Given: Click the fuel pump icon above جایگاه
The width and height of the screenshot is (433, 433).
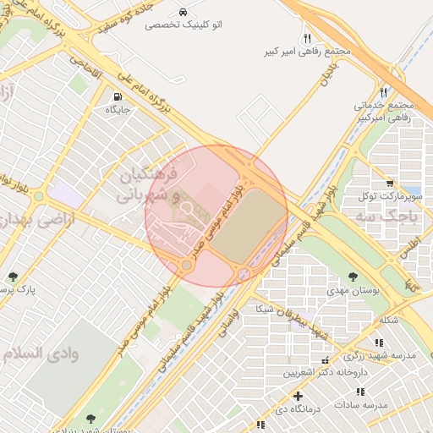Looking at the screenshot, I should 117,96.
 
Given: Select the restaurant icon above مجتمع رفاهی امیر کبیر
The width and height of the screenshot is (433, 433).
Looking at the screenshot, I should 307,38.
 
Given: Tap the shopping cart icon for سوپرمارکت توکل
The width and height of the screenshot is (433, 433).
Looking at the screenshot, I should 389,183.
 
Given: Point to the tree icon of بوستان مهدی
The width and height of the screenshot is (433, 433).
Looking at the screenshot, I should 354,276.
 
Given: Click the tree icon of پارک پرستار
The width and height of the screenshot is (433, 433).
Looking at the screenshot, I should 12,276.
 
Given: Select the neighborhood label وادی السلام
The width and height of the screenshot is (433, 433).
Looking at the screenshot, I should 41,354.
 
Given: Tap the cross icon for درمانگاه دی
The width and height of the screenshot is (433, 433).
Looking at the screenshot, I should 297,396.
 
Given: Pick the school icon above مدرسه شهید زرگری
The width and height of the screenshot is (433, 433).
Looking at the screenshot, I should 379,343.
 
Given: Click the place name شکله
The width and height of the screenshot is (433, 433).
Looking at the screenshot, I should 390,321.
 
